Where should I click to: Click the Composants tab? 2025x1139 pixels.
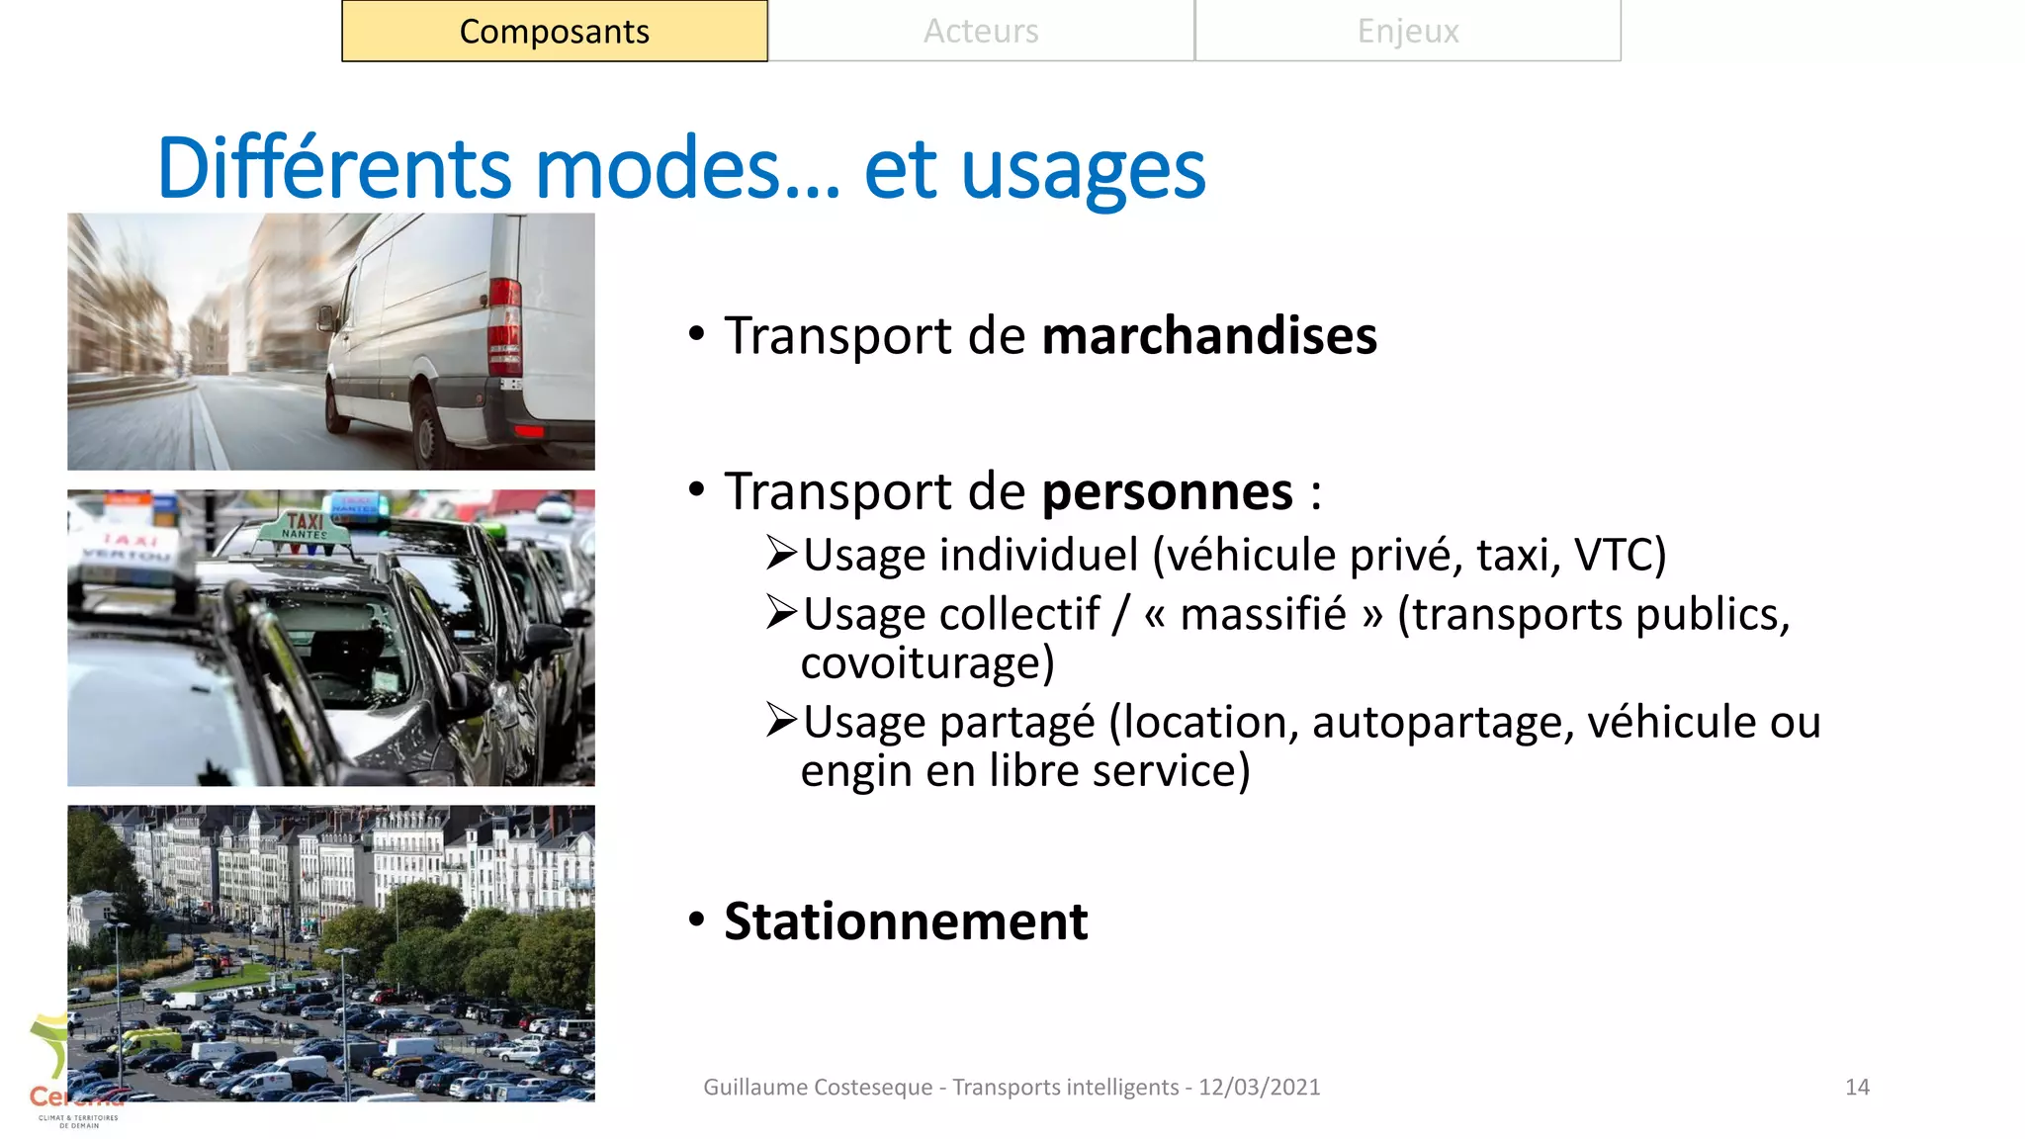pos(555,32)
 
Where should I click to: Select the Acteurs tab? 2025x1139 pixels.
pos(981,32)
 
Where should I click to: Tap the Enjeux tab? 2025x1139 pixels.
pos(1408,32)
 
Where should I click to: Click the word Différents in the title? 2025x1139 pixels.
pos(334,168)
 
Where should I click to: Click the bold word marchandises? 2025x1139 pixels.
pos(1208,336)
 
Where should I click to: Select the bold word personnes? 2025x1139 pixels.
pos(1167,491)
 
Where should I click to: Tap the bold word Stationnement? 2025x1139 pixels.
pos(906,921)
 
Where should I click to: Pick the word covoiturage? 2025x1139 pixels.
pos(926,663)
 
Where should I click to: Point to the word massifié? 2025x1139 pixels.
pos(1263,614)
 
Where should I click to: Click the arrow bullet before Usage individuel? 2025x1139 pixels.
pos(781,554)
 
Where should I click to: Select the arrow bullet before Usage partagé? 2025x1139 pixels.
pos(781,721)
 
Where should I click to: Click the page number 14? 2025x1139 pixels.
pos(1857,1088)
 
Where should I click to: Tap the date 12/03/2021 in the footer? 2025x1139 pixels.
pos(1259,1088)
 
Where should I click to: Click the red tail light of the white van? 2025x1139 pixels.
pos(504,326)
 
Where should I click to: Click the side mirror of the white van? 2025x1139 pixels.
pos(325,317)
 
